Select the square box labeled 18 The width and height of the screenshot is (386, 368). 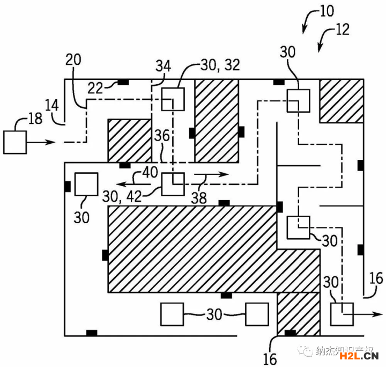16,142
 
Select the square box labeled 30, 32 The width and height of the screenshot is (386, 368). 173,99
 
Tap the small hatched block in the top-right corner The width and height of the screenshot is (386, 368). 340,100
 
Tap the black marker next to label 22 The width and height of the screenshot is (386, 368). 123,82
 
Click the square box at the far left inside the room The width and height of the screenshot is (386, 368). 86,184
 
